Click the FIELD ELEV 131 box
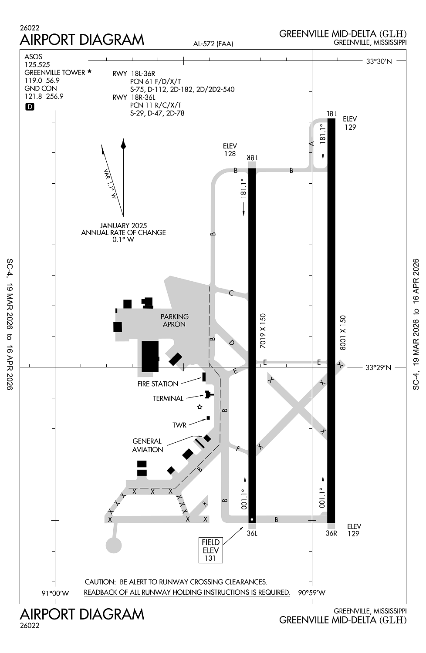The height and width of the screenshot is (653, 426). [x=210, y=550]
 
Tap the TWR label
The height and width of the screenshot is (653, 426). [x=179, y=425]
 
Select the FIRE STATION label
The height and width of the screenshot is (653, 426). [x=158, y=384]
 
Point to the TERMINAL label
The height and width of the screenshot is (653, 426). [x=168, y=398]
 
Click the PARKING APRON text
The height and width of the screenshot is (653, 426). [x=174, y=320]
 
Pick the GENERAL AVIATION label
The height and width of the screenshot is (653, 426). [x=147, y=445]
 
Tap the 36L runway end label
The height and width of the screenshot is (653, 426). [x=252, y=533]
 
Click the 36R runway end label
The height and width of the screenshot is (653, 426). [x=331, y=533]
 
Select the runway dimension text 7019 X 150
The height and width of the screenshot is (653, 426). [x=263, y=331]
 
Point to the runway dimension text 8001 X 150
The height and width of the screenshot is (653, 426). [x=343, y=333]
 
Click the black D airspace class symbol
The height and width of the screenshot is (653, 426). [x=30, y=107]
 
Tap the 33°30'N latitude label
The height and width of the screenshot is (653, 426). [x=378, y=61]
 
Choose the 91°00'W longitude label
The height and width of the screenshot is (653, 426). [x=55, y=593]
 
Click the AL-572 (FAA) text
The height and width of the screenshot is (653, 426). [x=213, y=44]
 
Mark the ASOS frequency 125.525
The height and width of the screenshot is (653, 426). [x=37, y=64]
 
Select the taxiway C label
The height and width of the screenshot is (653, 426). [x=231, y=293]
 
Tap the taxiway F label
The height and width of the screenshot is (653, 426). [x=238, y=448]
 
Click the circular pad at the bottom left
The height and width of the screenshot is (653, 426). [x=114, y=545]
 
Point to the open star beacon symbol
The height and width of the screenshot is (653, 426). [x=199, y=407]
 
